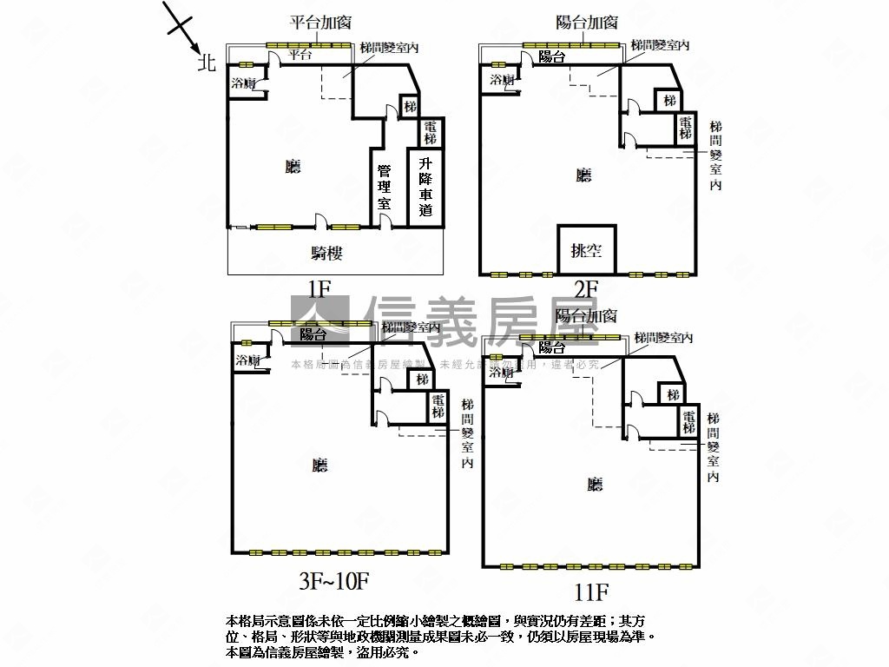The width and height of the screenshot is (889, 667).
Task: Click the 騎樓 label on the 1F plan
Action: point(326,254)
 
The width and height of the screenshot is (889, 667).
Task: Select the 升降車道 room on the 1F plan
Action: point(425,187)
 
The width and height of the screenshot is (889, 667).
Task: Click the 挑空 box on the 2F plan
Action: point(587,251)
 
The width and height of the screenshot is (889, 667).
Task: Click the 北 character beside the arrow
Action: point(206,63)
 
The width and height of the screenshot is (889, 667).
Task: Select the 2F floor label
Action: point(586,288)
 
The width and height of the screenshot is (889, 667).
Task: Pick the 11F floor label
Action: point(591,593)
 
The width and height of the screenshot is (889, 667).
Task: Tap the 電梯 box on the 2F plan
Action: point(686,129)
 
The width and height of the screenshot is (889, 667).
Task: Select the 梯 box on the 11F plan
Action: point(673,395)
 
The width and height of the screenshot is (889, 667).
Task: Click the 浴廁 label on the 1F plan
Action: point(243,84)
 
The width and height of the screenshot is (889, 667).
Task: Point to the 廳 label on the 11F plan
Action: point(595,485)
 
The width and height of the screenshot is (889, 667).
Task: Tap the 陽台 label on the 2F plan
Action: point(551,57)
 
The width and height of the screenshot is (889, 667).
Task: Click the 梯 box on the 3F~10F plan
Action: point(422,380)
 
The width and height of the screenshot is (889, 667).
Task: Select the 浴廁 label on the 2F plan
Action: point(502,80)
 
